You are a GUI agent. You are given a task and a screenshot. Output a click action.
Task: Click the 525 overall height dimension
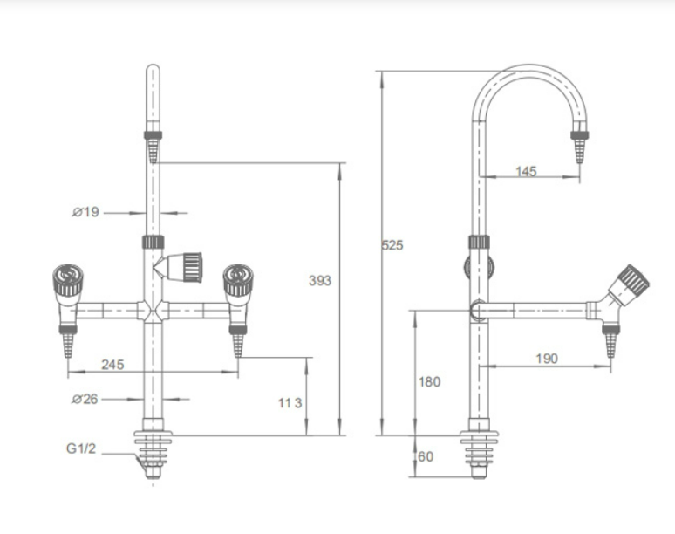pyautogui.click(x=392, y=245)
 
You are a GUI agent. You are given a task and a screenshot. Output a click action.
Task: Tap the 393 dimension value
pyautogui.click(x=320, y=281)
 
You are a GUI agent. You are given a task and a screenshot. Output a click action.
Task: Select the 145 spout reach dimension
pyautogui.click(x=526, y=171)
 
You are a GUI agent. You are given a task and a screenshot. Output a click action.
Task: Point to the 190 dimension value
pyautogui.click(x=547, y=359)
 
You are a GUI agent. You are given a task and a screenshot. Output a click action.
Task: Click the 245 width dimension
pyautogui.click(x=112, y=365)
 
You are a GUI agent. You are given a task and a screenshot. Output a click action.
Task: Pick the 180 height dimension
pyautogui.click(x=429, y=381)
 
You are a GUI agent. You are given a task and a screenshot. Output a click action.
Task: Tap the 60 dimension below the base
pyautogui.click(x=426, y=456)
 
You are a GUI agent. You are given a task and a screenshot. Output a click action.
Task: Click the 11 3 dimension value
pyautogui.click(x=290, y=403)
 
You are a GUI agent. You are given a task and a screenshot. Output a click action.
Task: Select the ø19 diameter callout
pyautogui.click(x=85, y=212)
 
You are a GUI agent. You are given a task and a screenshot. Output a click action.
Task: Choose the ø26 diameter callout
pyautogui.click(x=85, y=400)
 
